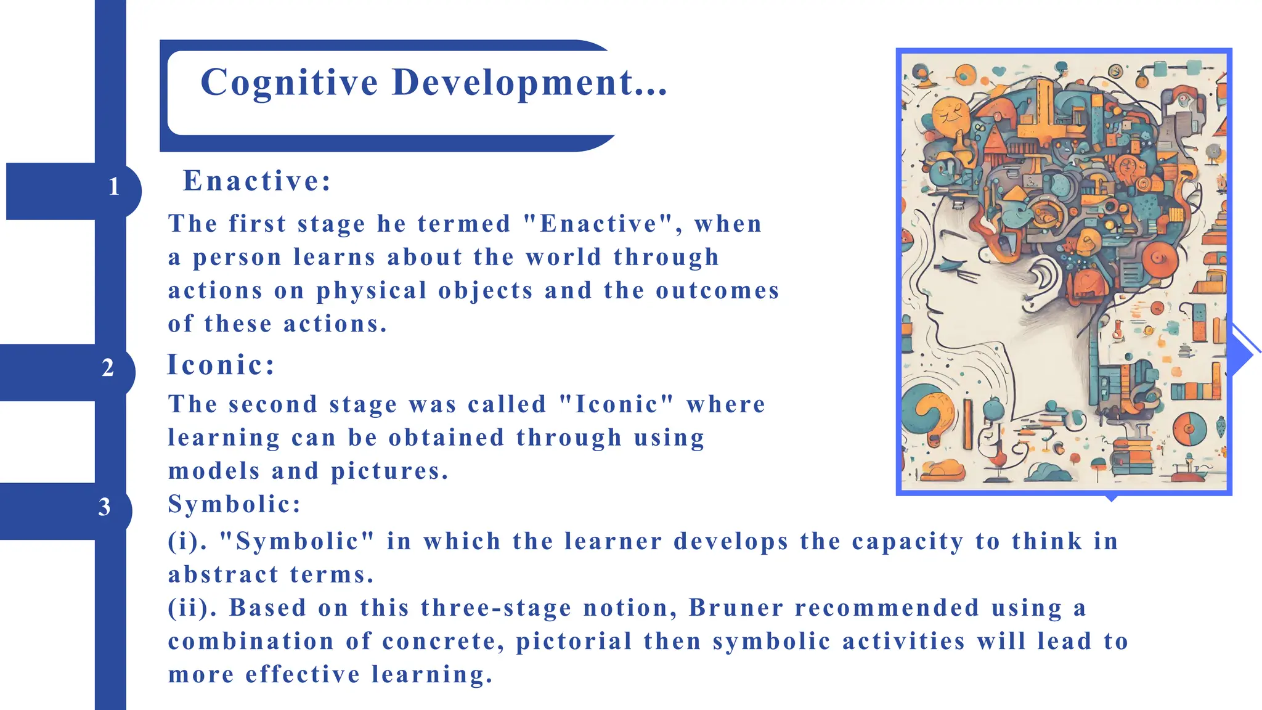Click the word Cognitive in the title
pyautogui.click(x=289, y=83)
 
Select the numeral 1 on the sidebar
pyautogui.click(x=114, y=187)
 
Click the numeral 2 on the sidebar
pyautogui.click(x=108, y=368)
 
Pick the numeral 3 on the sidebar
pyautogui.click(x=105, y=507)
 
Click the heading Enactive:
pyautogui.click(x=257, y=181)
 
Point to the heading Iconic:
pyautogui.click(x=221, y=365)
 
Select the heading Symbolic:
pyautogui.click(x=234, y=504)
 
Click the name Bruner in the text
pyautogui.click(x=736, y=608)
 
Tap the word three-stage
pyautogui.click(x=496, y=608)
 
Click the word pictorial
pyautogui.click(x=574, y=641)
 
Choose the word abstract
pyautogui.click(x=223, y=574)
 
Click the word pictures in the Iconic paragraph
pyautogui.click(x=389, y=471)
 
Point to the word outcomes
pyautogui.click(x=718, y=290)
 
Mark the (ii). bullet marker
pyautogui.click(x=192, y=608)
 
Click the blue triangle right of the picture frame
pyautogui.click(x=1240, y=355)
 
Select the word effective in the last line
pyautogui.click(x=303, y=674)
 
